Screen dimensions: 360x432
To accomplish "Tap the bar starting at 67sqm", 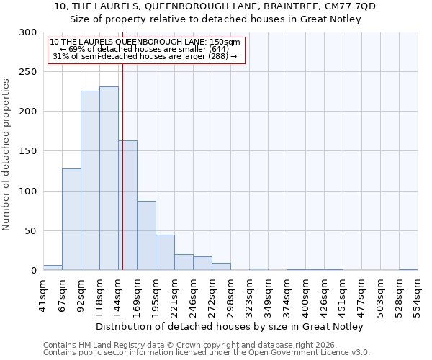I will coord(71,220).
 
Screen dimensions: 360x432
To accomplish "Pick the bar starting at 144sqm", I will coord(128,205).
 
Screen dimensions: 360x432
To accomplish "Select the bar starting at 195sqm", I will coord(165,253).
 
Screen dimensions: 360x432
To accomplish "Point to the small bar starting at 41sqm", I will coord(53,268).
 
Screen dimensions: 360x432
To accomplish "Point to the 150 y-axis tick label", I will coord(28,151).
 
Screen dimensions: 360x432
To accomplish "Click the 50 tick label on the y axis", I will coord(30,231).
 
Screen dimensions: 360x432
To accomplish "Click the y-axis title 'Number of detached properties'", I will coord(6,155).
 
